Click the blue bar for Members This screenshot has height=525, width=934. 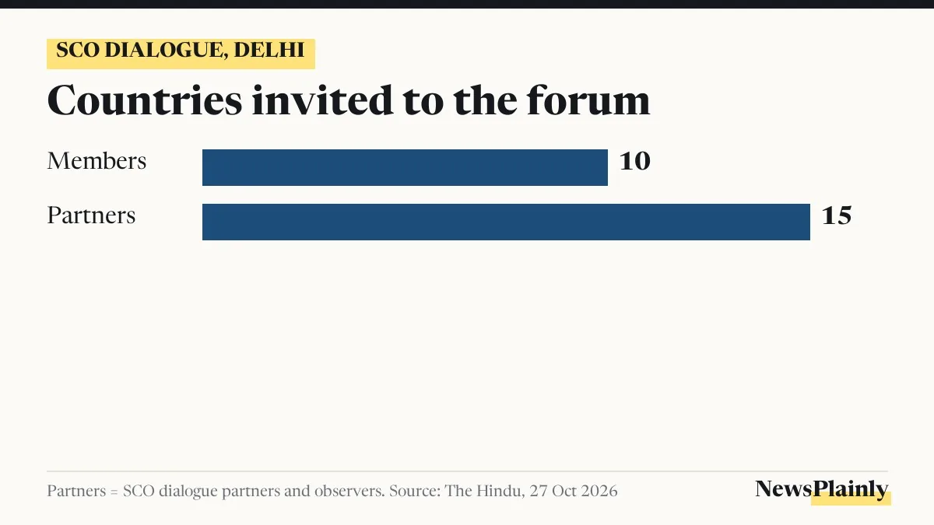tap(405, 167)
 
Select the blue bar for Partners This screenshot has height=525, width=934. tap(506, 222)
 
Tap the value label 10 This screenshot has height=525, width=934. tap(634, 161)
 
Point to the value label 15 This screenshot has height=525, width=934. tap(837, 216)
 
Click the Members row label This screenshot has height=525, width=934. tap(97, 161)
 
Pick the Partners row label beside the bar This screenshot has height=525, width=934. tap(91, 215)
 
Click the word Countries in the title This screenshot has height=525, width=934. tap(144, 100)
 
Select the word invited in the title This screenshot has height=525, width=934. tap(322, 100)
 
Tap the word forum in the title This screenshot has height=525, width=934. tap(588, 100)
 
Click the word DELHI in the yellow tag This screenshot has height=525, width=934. tap(269, 51)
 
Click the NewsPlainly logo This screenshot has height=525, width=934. tap(822, 489)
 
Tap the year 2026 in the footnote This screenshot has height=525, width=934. tap(599, 491)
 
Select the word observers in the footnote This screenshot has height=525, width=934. tap(349, 491)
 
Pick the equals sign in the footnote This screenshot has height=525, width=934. tap(114, 492)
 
